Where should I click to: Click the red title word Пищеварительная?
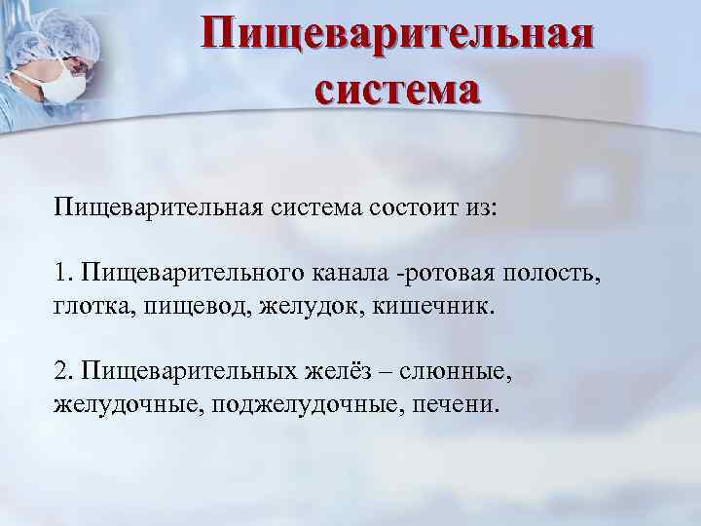tap(398, 37)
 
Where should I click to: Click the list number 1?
tap(61, 269)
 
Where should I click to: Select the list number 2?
tap(61, 370)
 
